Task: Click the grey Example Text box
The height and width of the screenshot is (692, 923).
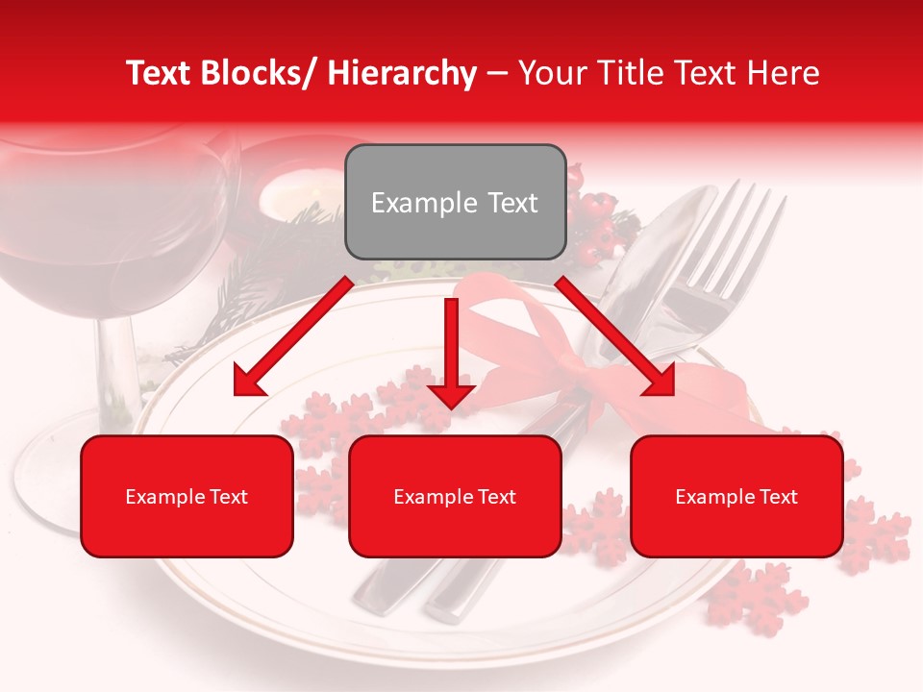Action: click(x=455, y=202)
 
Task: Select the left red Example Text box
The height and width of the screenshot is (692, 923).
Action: click(x=187, y=496)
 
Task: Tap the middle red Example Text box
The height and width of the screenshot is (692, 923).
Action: click(x=455, y=496)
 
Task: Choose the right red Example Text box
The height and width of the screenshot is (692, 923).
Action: click(x=736, y=496)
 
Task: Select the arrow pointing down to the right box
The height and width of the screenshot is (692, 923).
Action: click(x=615, y=336)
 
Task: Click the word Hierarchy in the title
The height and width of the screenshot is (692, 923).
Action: click(x=401, y=73)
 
